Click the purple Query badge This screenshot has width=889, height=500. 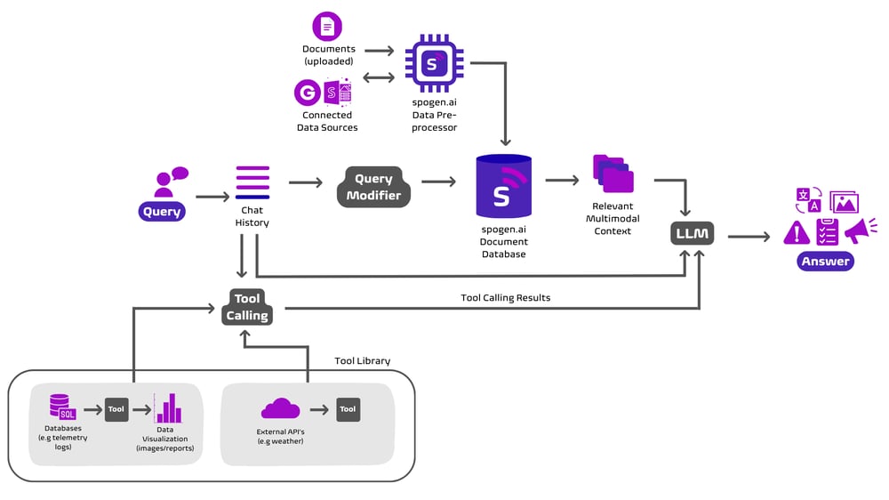pos(162,212)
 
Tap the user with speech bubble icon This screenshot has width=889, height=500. pos(168,181)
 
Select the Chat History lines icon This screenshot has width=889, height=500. pos(252,182)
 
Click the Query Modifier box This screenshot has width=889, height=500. pos(373,187)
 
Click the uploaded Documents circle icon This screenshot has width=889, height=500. pos(327,27)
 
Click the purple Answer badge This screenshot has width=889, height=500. pos(825,262)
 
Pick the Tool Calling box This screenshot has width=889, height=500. pos(247,307)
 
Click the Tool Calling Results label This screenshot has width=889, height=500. pos(505,298)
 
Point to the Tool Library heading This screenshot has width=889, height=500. pos(362,361)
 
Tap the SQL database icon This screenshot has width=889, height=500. pos(63,407)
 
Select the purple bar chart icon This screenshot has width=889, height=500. pos(167,408)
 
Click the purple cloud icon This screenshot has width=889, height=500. pos(280,408)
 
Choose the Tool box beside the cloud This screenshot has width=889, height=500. pos(348,409)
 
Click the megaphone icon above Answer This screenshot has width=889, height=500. pos(859,230)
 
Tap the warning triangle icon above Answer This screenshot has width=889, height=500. pos(796,232)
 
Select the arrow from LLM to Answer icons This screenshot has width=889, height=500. pos(749,237)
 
